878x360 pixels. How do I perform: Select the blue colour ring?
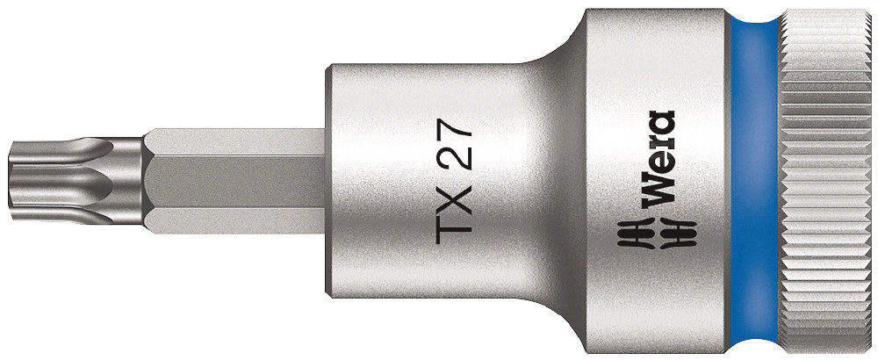(754, 180)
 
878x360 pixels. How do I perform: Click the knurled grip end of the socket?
(828, 180)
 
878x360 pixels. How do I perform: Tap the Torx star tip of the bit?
(76, 180)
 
